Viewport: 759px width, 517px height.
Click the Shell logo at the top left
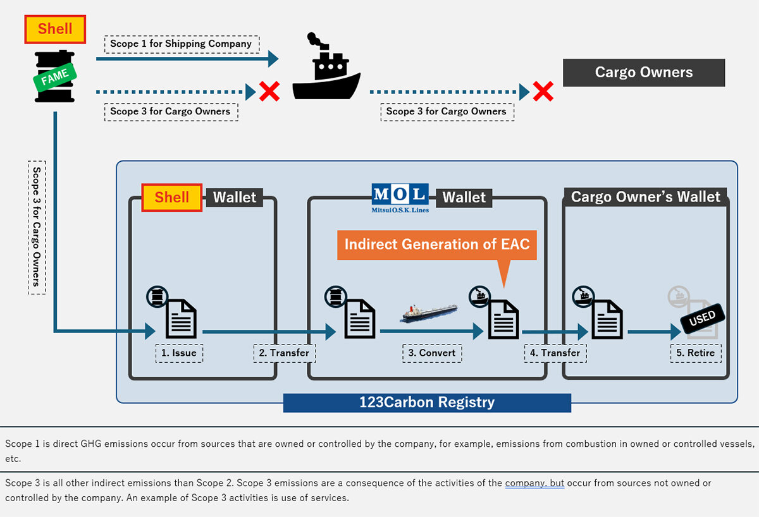tap(55, 29)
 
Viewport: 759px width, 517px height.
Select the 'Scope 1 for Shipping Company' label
tap(181, 44)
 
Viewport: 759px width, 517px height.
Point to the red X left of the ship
tap(269, 92)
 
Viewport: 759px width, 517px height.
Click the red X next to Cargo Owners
tap(543, 92)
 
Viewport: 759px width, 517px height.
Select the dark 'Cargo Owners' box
tap(644, 73)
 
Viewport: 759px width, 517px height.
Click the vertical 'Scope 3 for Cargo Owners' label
tap(37, 227)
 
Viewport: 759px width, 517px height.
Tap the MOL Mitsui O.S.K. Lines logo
tap(400, 197)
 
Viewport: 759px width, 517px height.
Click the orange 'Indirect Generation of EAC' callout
tap(437, 245)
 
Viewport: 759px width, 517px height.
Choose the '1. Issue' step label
tap(180, 353)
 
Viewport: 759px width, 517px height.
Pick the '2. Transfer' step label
tap(285, 353)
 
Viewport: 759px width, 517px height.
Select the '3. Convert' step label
tap(432, 353)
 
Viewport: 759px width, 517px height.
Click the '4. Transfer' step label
tap(555, 353)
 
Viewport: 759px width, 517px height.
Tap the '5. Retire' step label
tap(696, 353)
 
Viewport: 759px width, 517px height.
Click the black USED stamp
tap(701, 319)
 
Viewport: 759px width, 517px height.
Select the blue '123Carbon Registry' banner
tap(427, 403)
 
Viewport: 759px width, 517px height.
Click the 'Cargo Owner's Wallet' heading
tap(645, 197)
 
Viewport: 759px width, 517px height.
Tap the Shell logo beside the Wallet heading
tap(171, 197)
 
